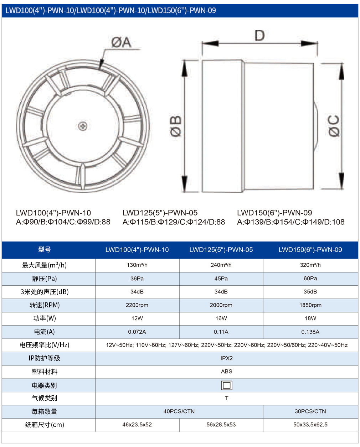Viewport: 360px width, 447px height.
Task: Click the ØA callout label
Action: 121,42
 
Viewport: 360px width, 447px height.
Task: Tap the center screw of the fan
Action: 83,126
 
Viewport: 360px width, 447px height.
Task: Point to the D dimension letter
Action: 259,35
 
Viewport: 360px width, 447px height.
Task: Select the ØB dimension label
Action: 176,126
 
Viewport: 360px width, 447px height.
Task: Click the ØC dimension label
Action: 334,126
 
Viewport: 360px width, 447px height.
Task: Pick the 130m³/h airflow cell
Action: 137,265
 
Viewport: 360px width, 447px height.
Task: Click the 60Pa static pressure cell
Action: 310,278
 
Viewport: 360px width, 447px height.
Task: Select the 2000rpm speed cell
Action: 221,305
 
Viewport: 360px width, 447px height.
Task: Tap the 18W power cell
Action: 310,318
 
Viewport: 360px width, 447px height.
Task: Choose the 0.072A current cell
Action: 137,332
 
